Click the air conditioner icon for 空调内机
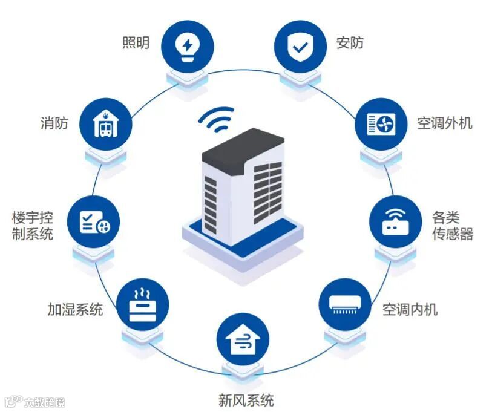pyautogui.click(x=344, y=303)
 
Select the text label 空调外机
pyautogui.click(x=444, y=123)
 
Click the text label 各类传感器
pyautogui.click(x=452, y=226)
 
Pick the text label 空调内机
pyautogui.click(x=410, y=310)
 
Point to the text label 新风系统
pyautogui.click(x=246, y=400)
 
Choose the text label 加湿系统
pyautogui.click(x=75, y=309)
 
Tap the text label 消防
pyautogui.click(x=54, y=123)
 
